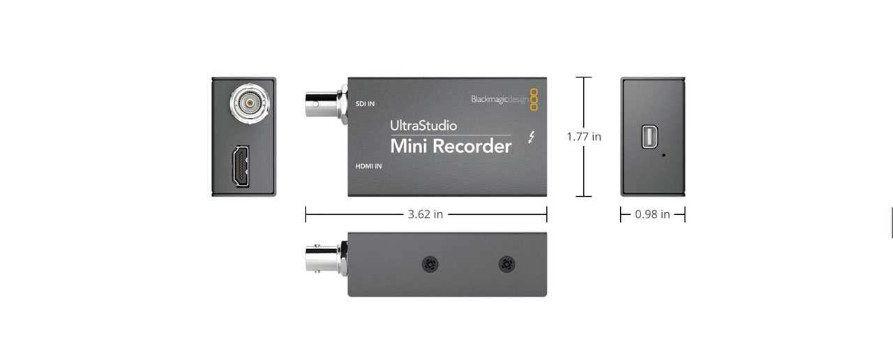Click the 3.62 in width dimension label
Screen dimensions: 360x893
425,214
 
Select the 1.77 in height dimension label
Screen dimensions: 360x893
584,137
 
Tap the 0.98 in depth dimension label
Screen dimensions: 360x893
652,214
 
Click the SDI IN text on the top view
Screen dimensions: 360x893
365,104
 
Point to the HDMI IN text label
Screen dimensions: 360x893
368,166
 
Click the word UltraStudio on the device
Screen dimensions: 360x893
423,126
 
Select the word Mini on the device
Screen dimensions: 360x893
408,147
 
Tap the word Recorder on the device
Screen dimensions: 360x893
472,147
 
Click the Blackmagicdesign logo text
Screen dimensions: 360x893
499,99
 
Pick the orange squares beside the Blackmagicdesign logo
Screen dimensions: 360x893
534,99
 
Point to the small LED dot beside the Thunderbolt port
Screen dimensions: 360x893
663,155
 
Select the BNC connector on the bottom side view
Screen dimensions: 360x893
325,259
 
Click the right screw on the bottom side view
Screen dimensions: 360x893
507,264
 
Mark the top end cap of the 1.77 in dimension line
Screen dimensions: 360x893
584,77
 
